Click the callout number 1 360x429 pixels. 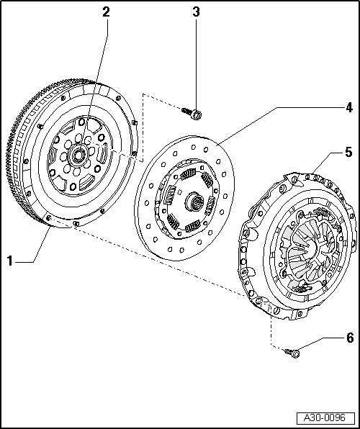(10, 261)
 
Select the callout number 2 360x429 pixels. (106, 12)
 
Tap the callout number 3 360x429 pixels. (197, 12)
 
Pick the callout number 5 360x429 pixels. (348, 152)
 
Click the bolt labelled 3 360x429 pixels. (193, 112)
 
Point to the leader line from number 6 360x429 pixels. (320, 343)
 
